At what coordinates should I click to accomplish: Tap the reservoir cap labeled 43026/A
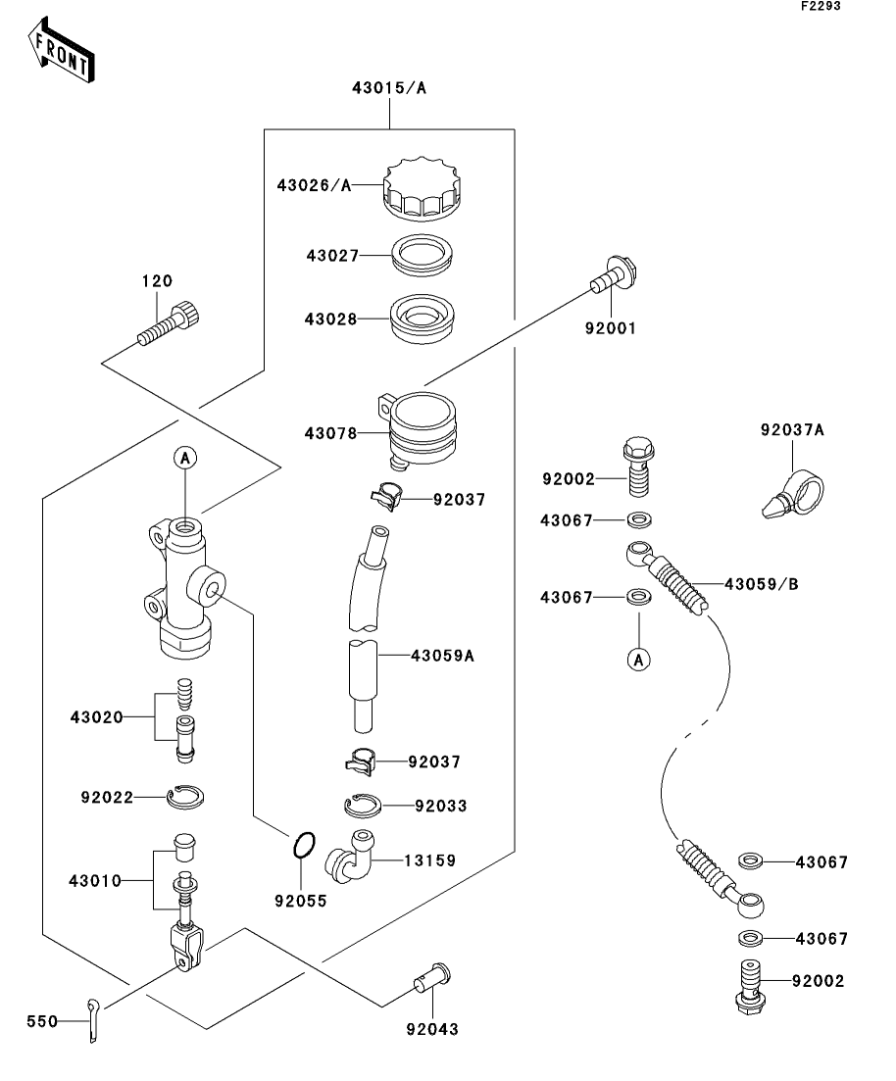coord(422,189)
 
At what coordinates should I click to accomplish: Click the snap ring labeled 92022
coord(184,798)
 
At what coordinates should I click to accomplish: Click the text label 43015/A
coord(389,88)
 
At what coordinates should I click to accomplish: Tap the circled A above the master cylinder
coord(184,456)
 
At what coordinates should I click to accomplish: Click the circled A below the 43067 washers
coord(638,660)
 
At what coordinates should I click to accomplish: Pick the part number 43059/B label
coord(761,584)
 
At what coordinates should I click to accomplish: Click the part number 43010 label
coord(95,880)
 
